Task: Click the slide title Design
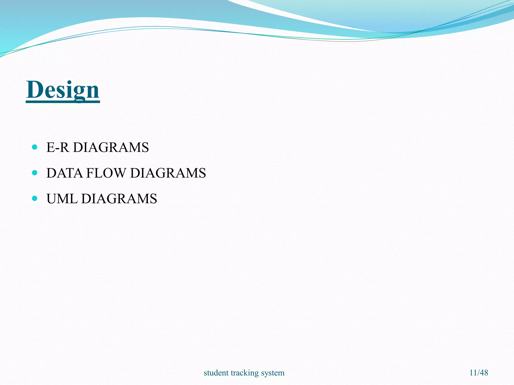click(63, 90)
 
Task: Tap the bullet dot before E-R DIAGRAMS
click(35, 147)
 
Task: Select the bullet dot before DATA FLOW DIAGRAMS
click(35, 173)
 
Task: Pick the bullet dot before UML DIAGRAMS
click(35, 199)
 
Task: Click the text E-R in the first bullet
click(57, 147)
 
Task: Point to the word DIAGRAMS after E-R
click(111, 147)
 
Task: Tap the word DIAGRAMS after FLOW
click(168, 173)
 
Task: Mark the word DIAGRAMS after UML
click(119, 199)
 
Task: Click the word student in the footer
click(216, 373)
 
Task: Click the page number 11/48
click(479, 372)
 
